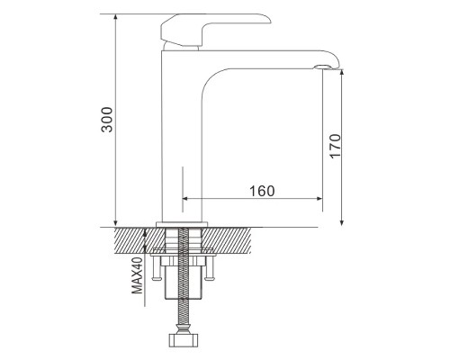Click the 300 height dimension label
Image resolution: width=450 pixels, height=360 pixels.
point(107,120)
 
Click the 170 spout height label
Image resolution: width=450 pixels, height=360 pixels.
point(335,146)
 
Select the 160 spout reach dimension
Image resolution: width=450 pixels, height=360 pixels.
point(262,191)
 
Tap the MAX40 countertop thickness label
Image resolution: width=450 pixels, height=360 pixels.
point(138,275)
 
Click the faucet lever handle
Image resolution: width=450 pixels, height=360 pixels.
point(210,29)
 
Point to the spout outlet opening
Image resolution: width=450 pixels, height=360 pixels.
point(323,67)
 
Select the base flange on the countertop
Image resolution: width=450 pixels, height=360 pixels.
point(182,224)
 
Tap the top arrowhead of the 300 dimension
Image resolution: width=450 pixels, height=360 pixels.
point(115,17)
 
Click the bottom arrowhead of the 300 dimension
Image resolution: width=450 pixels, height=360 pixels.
point(115,223)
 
